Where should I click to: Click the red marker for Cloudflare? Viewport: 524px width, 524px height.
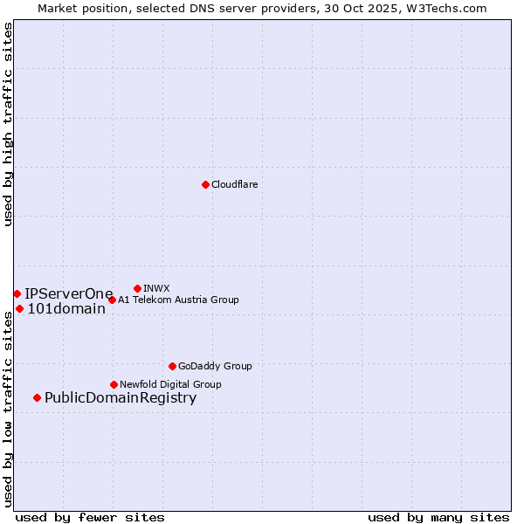tap(205, 184)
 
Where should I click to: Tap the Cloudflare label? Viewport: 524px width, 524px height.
tap(234, 185)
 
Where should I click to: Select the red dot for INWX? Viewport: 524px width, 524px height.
tap(137, 288)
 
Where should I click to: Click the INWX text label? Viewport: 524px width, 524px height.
tap(156, 289)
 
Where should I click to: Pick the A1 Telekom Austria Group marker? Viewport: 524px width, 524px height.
tap(112, 300)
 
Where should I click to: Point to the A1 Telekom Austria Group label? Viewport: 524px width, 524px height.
tap(178, 300)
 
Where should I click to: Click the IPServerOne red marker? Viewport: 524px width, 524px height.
tap(17, 293)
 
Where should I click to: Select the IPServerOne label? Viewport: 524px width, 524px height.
tap(69, 294)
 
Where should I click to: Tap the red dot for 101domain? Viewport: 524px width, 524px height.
tap(19, 308)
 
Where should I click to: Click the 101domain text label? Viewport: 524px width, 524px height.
tap(66, 309)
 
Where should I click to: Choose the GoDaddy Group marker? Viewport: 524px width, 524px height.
tap(172, 366)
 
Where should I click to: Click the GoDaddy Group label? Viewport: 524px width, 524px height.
tap(215, 367)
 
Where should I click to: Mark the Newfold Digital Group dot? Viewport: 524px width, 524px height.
tap(114, 384)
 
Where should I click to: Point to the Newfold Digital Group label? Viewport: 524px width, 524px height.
tap(170, 385)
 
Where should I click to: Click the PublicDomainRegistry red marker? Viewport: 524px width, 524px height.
tap(37, 398)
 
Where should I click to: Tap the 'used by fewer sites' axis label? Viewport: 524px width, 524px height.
tap(90, 518)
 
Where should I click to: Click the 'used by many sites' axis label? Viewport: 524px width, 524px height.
tap(438, 518)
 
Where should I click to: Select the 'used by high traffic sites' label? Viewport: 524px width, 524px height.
tap(8, 124)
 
